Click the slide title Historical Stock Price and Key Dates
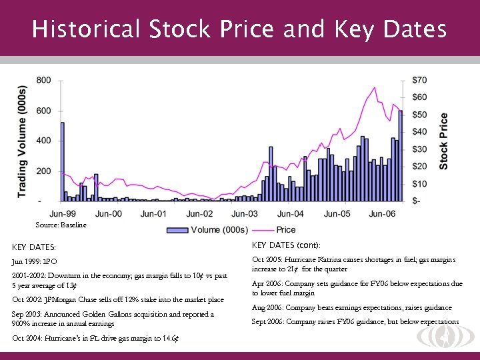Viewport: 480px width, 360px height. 239,29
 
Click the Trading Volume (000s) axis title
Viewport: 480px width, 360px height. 22,141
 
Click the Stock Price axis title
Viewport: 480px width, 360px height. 443,141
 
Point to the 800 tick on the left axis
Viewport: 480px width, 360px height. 43,80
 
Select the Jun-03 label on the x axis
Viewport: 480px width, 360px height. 245,214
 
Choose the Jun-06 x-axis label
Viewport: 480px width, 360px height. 383,214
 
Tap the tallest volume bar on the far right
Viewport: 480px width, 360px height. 401,155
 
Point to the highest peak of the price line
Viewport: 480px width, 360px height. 375,88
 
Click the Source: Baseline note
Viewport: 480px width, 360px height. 61,225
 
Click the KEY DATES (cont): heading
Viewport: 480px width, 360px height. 286,245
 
